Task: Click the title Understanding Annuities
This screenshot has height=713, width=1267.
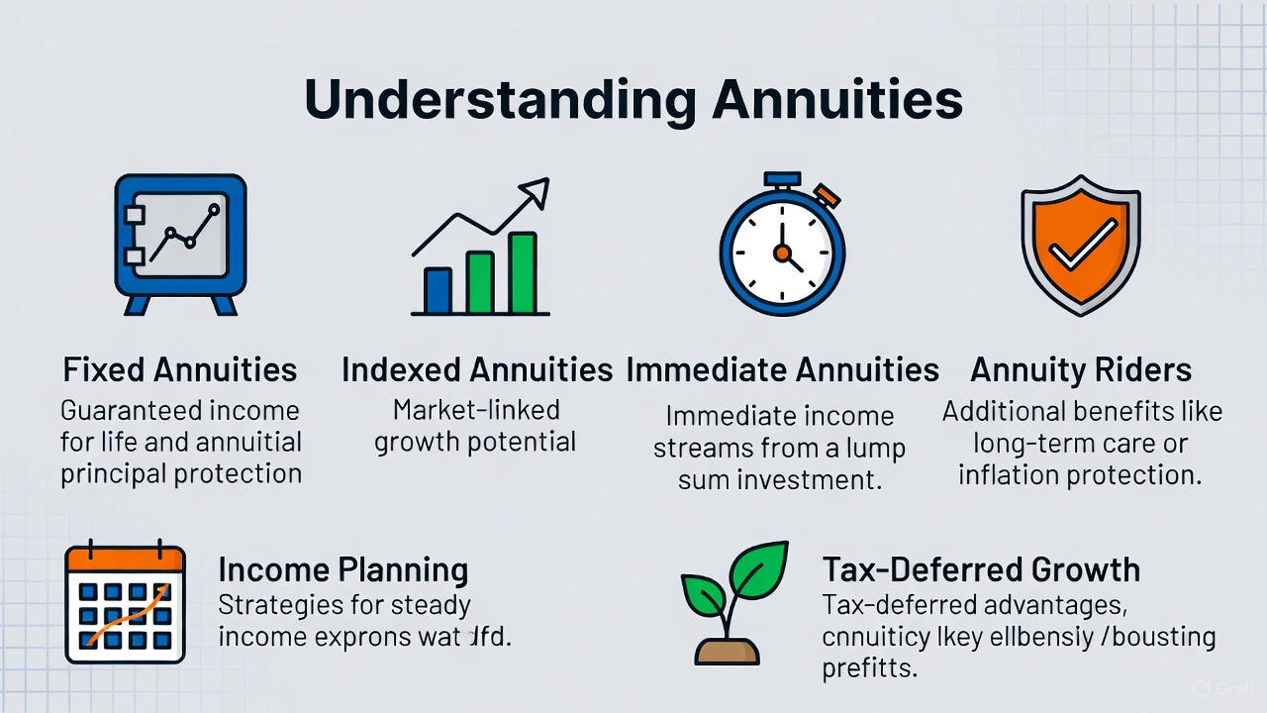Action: [633, 99]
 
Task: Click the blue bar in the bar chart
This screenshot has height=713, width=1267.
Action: [438, 289]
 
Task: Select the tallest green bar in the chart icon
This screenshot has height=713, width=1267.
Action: [522, 272]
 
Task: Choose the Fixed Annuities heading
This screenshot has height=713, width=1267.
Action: [180, 370]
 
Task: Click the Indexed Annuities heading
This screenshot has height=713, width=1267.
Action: [477, 370]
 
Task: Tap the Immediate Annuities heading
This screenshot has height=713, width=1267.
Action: [782, 370]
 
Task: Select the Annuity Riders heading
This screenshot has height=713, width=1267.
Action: [1080, 370]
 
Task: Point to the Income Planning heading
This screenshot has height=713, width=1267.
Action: [342, 569]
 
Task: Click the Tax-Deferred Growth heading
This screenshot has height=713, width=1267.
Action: [981, 569]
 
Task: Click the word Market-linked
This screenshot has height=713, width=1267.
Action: [476, 410]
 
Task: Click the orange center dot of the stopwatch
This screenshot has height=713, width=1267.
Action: [783, 255]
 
